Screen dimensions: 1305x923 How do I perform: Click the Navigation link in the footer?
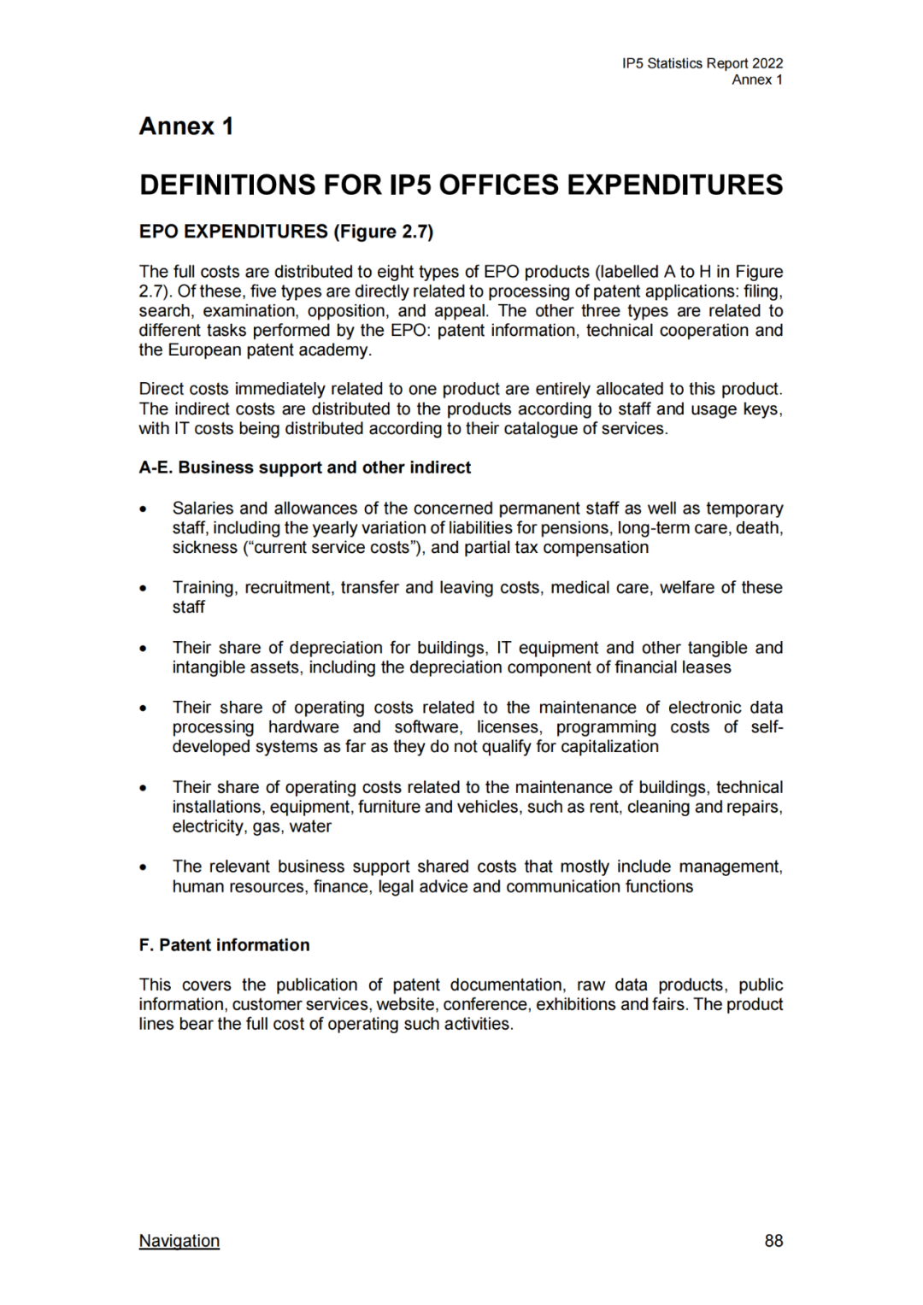[x=179, y=1241]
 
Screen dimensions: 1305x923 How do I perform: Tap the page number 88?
[x=773, y=1241]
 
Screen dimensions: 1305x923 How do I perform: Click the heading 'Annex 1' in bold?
[x=186, y=126]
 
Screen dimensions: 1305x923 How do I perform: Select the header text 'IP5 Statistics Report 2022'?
[x=702, y=63]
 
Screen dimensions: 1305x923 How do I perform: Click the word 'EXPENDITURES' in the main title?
[x=674, y=185]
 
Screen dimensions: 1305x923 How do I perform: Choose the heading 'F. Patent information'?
[x=224, y=945]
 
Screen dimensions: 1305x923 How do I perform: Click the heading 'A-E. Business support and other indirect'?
[x=305, y=467]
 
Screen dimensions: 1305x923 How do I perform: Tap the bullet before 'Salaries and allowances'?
[x=144, y=509]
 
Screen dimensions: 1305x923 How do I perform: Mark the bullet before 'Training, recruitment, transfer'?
[x=144, y=589]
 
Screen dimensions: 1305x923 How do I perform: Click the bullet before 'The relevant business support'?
[x=144, y=867]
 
